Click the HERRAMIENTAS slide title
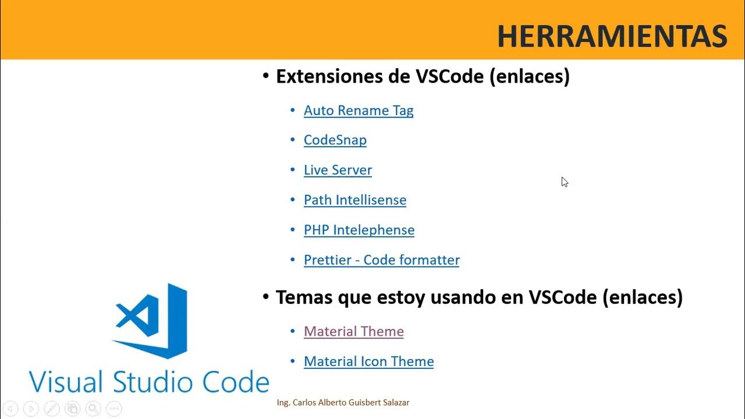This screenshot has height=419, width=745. pyautogui.click(x=612, y=37)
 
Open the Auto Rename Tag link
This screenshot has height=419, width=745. pyautogui.click(x=359, y=111)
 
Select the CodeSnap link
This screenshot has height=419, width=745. pyautogui.click(x=335, y=140)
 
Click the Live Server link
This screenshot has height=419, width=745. pyautogui.click(x=338, y=170)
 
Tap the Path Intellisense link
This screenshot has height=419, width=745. pyautogui.click(x=355, y=200)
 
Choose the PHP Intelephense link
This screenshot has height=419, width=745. pyautogui.click(x=359, y=230)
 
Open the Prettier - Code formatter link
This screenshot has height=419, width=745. pyautogui.click(x=382, y=260)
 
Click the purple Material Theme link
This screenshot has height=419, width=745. pyautogui.click(x=354, y=332)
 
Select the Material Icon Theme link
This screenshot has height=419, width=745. pyautogui.click(x=369, y=361)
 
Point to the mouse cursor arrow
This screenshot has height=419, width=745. pyautogui.click(x=564, y=182)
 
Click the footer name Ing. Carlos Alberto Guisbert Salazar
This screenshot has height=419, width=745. pyautogui.click(x=343, y=403)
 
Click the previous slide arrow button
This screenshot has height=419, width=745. pyautogui.click(x=10, y=409)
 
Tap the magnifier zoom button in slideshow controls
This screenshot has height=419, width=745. pyautogui.click(x=93, y=409)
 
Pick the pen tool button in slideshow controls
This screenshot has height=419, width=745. pyautogui.click(x=52, y=409)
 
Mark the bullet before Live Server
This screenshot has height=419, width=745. pyautogui.click(x=293, y=170)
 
